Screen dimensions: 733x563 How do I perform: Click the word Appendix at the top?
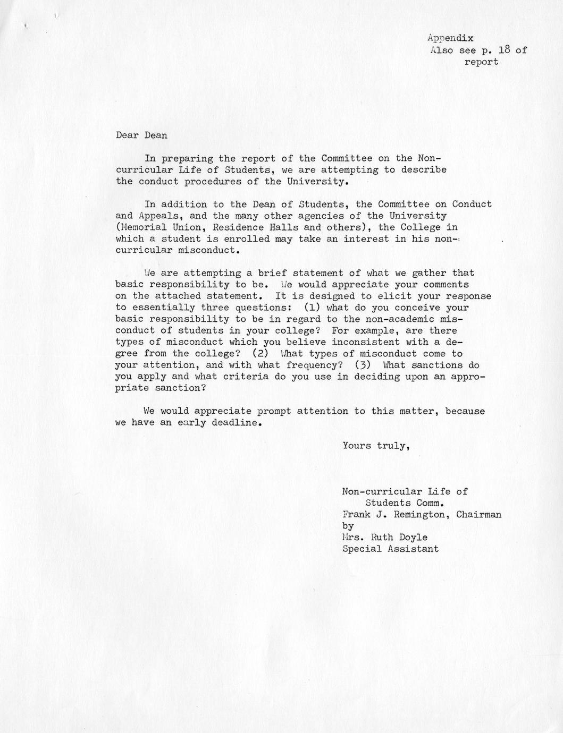tap(450, 38)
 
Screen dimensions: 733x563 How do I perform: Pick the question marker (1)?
tap(311, 308)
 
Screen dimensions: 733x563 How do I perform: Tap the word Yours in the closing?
tap(357, 446)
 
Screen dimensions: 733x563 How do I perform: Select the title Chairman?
tap(479, 514)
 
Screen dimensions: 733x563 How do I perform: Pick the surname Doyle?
tap(414, 537)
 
